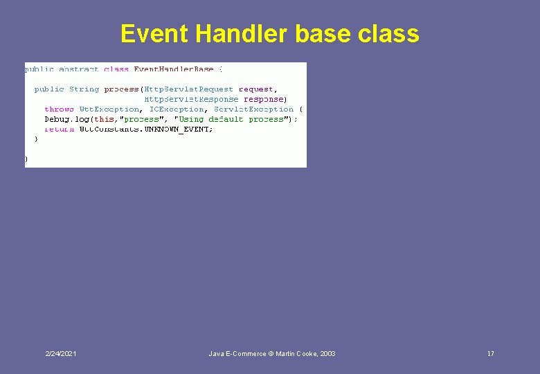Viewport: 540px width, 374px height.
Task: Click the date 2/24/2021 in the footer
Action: pos(61,354)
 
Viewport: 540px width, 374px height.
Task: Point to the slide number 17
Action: pos(490,354)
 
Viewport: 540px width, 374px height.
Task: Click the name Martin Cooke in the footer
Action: pos(296,354)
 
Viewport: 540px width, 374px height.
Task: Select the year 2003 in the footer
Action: pos(327,354)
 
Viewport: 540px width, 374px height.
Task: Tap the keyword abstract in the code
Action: pos(79,69)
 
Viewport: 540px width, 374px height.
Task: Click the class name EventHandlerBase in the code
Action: pos(174,69)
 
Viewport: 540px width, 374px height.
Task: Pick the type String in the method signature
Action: pos(84,89)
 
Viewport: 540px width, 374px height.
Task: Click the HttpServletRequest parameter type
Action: pos(188,89)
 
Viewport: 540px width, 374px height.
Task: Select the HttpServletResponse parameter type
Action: pos(190,99)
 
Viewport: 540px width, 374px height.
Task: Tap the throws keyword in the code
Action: pos(59,109)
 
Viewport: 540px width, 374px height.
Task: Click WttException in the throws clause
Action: pos(109,109)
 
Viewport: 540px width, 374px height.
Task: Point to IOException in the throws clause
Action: pos(177,109)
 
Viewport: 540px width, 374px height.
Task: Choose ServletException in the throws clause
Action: pos(253,109)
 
